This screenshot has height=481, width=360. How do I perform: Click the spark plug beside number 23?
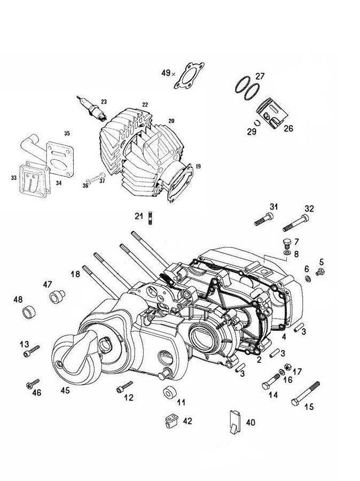point(91,108)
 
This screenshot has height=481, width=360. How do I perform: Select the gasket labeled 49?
point(189,75)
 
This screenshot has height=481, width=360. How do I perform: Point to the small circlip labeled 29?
point(258,122)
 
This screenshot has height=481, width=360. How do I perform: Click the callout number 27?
point(260,76)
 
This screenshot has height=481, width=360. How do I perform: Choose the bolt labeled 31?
point(264,219)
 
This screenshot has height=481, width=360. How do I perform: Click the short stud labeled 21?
point(150,219)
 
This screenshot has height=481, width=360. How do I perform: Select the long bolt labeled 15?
point(306,394)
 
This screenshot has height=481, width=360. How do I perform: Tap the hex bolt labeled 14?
point(271,381)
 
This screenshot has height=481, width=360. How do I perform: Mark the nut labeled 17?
point(288,367)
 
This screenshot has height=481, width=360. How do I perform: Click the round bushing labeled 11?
point(169,392)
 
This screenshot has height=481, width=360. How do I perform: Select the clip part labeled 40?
point(234,422)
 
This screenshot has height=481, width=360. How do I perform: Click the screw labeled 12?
point(124,386)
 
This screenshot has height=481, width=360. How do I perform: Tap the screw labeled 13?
point(32,351)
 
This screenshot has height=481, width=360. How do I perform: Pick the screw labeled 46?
point(33,383)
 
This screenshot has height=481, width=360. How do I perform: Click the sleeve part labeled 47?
point(57,296)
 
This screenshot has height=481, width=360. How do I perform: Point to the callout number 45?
point(65,391)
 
